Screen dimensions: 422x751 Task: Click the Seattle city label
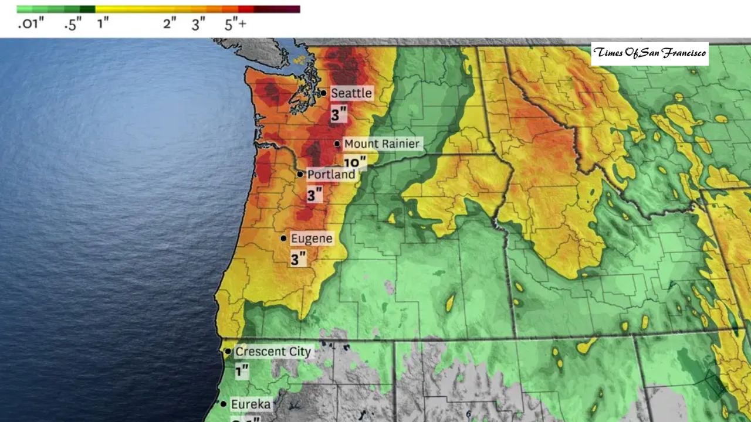click(351, 93)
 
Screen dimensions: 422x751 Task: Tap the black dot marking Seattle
click(323, 93)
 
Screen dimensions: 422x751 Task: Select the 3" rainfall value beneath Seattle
click(339, 114)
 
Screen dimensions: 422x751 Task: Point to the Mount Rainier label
click(381, 144)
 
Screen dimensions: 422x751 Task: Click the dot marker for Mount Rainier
click(337, 144)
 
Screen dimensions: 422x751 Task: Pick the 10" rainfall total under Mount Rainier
click(355, 162)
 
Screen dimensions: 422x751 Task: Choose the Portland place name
click(331, 174)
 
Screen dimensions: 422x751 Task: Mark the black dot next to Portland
click(300, 174)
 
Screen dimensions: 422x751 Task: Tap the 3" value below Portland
click(314, 195)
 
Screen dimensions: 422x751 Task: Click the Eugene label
click(312, 239)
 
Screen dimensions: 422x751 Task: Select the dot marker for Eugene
click(284, 239)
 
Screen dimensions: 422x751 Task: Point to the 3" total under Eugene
click(299, 258)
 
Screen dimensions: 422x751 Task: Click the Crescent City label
click(273, 352)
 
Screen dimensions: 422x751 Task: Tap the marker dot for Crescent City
click(228, 352)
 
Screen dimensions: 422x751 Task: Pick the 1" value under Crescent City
click(242, 371)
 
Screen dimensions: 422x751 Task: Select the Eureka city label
click(251, 404)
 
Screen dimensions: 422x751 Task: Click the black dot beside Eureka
click(224, 404)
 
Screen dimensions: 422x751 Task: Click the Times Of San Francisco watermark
click(649, 53)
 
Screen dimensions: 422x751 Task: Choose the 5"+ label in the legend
click(235, 24)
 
